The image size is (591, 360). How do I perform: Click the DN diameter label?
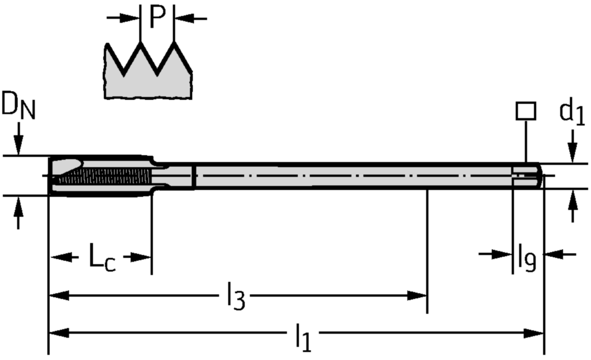tap(17, 107)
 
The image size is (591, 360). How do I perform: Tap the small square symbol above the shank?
tap(526, 111)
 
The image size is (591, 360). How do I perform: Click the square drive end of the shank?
tap(528, 175)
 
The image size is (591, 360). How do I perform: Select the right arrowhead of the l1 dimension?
tap(536, 333)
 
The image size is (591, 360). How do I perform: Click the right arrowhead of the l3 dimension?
tap(418, 295)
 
